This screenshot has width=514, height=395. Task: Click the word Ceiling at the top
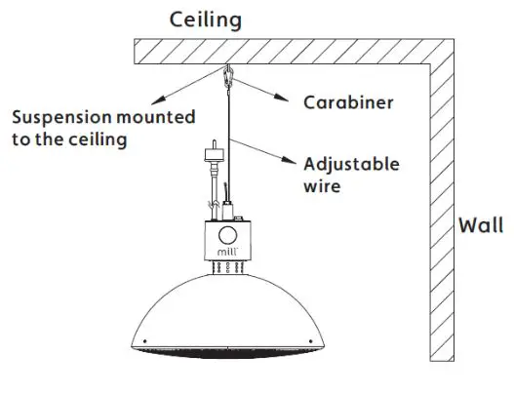click(206, 19)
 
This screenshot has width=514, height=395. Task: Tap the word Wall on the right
click(481, 226)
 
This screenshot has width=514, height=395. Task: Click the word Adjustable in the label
click(351, 164)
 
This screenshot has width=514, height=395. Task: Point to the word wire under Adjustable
click(322, 184)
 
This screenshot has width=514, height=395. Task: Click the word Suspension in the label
click(56, 118)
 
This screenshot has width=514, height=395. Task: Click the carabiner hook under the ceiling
click(229, 76)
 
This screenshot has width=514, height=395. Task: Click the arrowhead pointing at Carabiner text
click(283, 98)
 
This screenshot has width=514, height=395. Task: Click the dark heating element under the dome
click(226, 349)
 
